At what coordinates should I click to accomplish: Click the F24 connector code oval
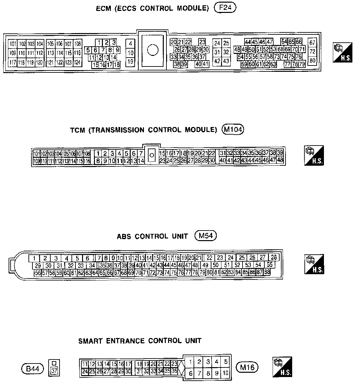(x=225, y=8)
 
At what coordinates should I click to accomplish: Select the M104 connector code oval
(x=232, y=130)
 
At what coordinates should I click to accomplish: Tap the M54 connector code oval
(x=206, y=236)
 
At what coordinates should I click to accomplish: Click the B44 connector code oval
(x=33, y=368)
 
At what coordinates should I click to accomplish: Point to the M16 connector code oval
(x=247, y=367)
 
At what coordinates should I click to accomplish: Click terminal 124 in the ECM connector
(x=77, y=62)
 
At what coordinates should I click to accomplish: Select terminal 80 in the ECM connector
(x=313, y=61)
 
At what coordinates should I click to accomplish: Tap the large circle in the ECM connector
(x=153, y=50)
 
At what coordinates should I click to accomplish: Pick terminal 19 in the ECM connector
(x=130, y=61)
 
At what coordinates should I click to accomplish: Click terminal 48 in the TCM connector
(x=280, y=160)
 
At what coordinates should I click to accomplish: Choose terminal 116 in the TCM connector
(x=87, y=161)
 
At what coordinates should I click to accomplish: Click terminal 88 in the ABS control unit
(x=267, y=272)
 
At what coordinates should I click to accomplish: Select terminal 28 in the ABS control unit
(x=274, y=257)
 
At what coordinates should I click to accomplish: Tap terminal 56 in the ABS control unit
(x=38, y=273)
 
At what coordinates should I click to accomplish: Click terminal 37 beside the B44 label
(x=54, y=371)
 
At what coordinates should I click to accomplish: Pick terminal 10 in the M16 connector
(x=225, y=373)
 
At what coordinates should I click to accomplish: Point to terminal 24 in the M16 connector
(x=85, y=371)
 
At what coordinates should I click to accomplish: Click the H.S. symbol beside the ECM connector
(x=342, y=53)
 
